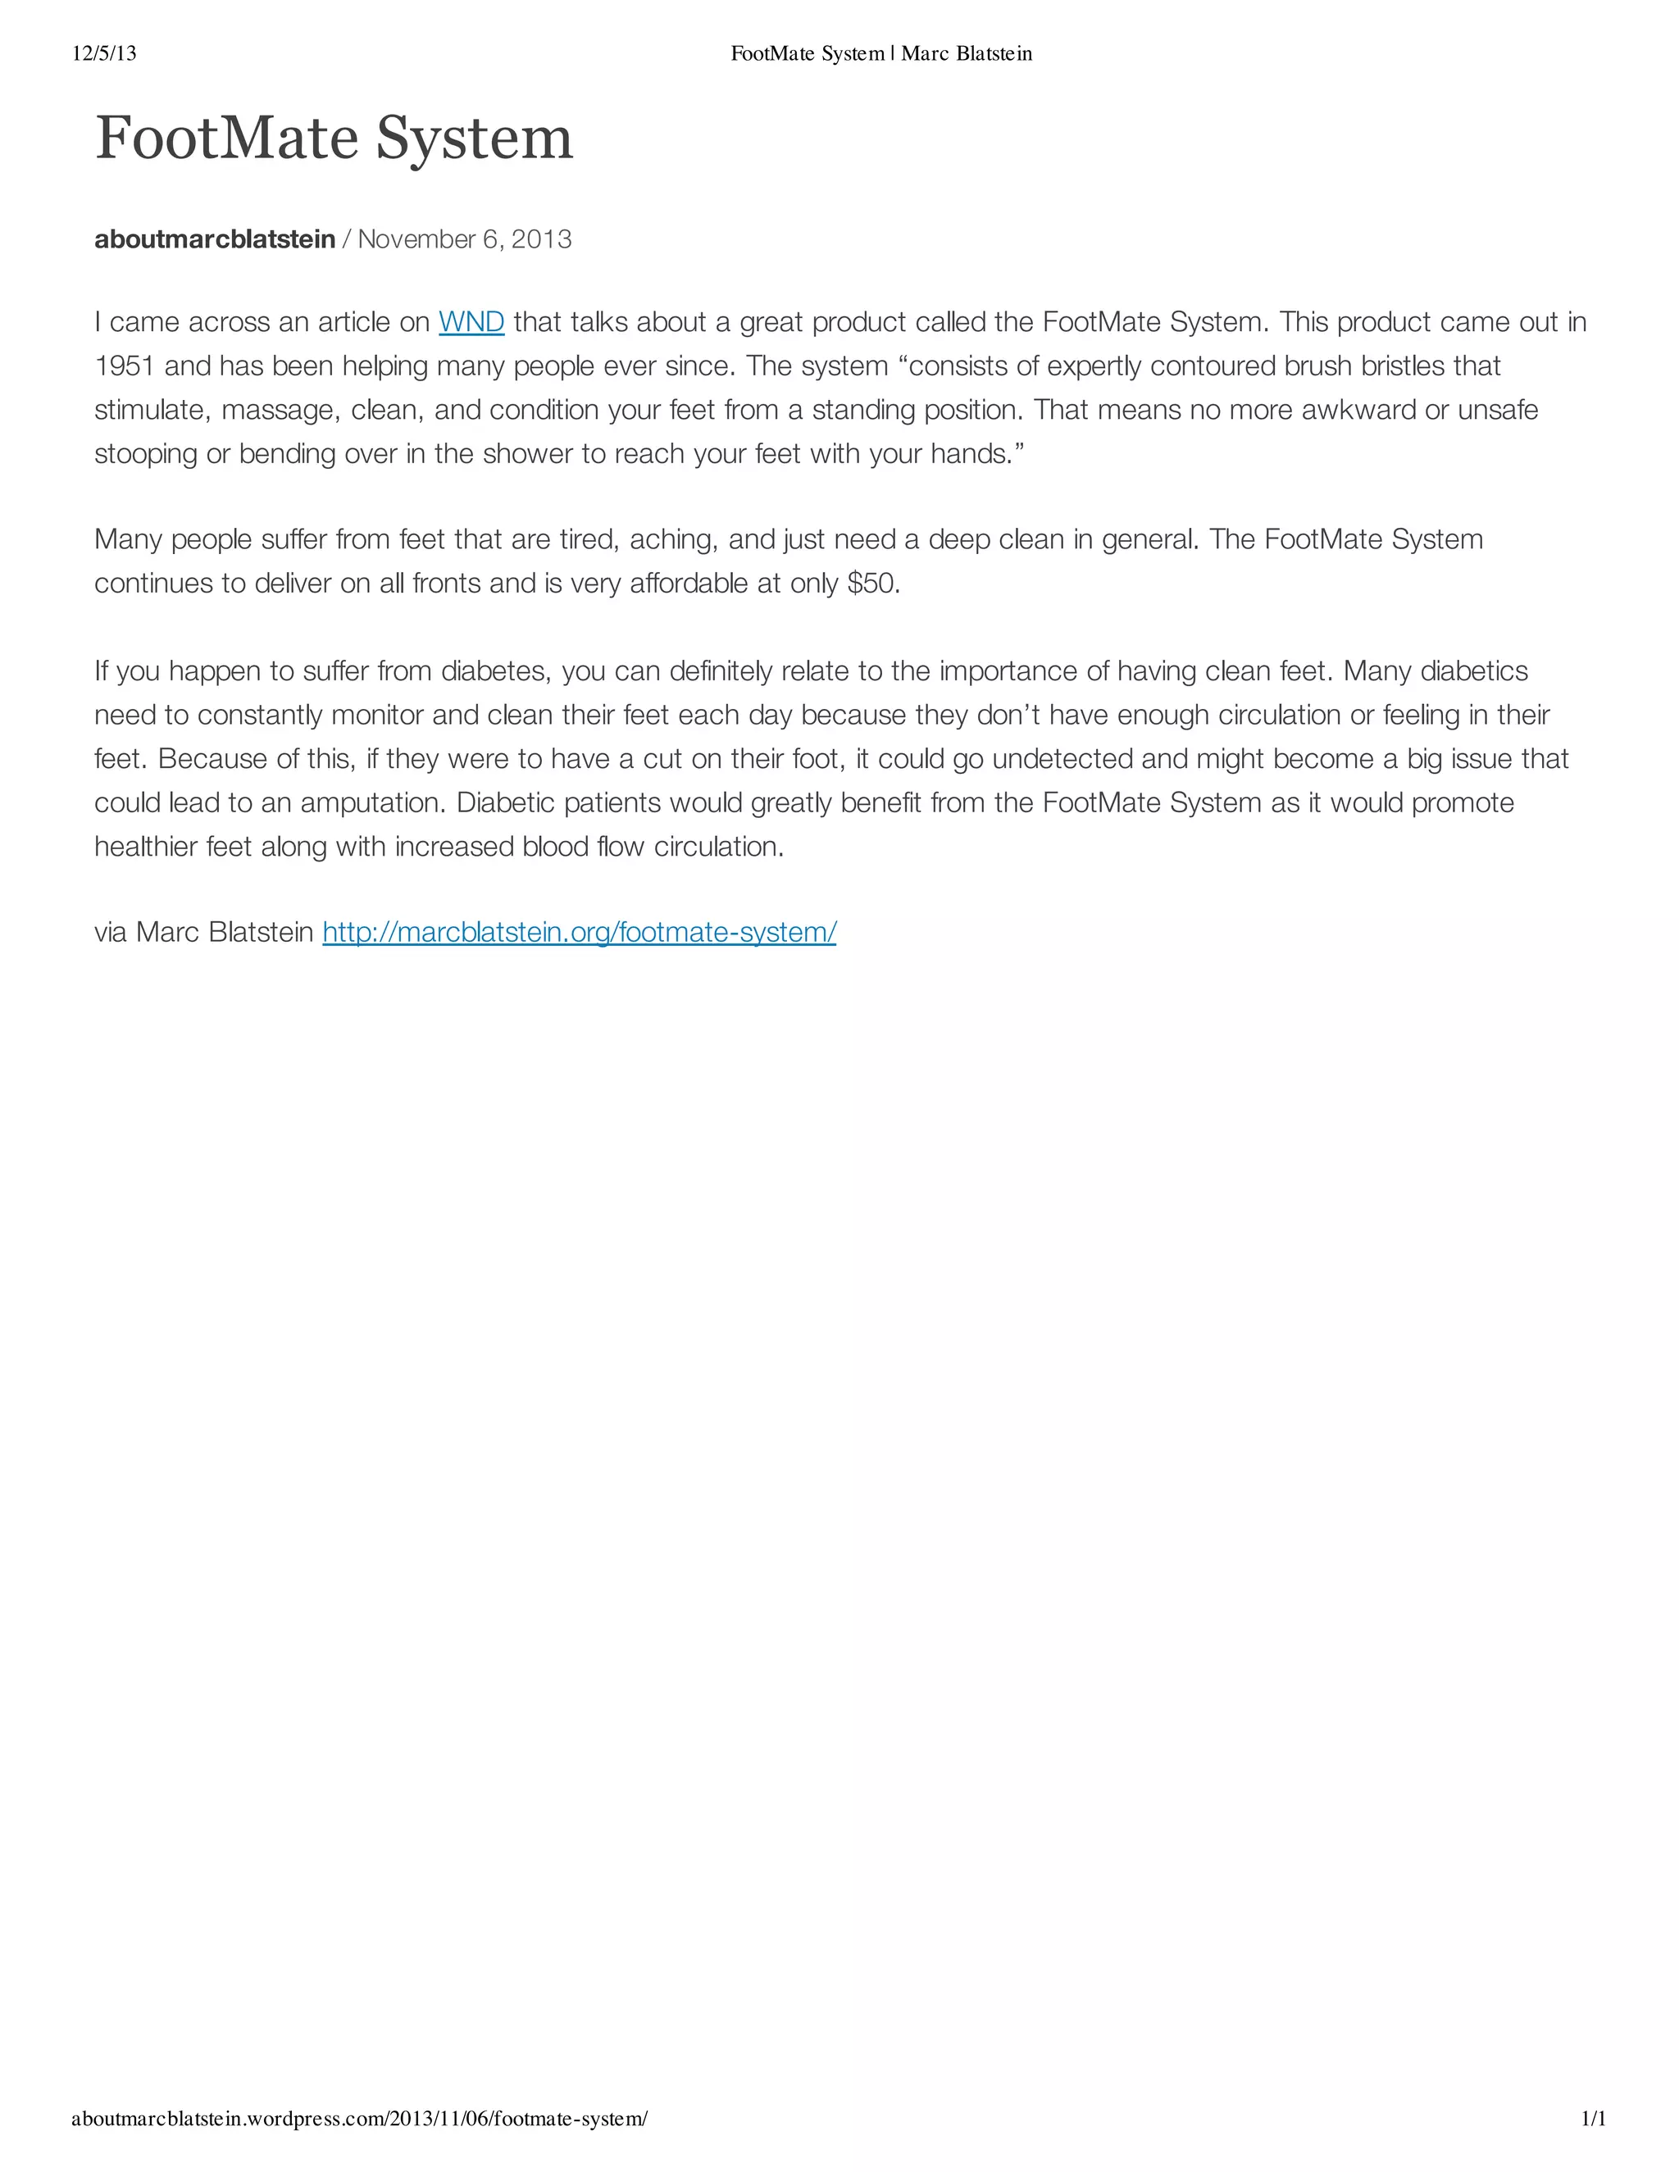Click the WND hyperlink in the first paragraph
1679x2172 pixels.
pyautogui.click(x=471, y=322)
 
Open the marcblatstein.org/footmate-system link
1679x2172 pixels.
pyautogui.click(x=579, y=932)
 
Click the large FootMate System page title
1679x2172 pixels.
pyautogui.click(x=334, y=139)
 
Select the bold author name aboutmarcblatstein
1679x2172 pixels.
pyautogui.click(x=215, y=239)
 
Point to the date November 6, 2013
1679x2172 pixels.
pyautogui.click(x=465, y=239)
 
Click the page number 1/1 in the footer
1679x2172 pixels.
pyautogui.click(x=1594, y=2118)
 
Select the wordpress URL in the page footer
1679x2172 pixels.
pyautogui.click(x=359, y=2118)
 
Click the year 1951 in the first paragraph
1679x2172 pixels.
pyautogui.click(x=125, y=366)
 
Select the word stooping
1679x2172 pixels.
pyautogui.click(x=145, y=455)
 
